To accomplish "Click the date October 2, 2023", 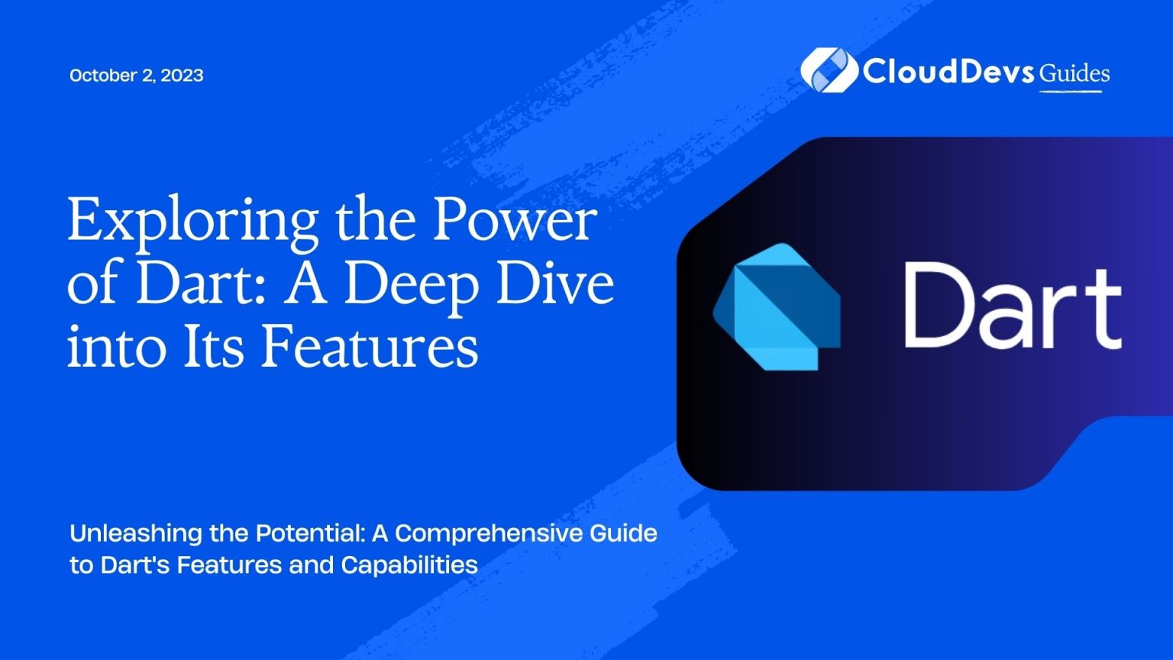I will [136, 75].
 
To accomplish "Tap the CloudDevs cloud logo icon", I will [828, 70].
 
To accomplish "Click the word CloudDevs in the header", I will [948, 72].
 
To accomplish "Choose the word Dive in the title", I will [562, 283].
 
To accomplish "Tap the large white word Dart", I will [1012, 306].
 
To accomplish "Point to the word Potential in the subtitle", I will [309, 533].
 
